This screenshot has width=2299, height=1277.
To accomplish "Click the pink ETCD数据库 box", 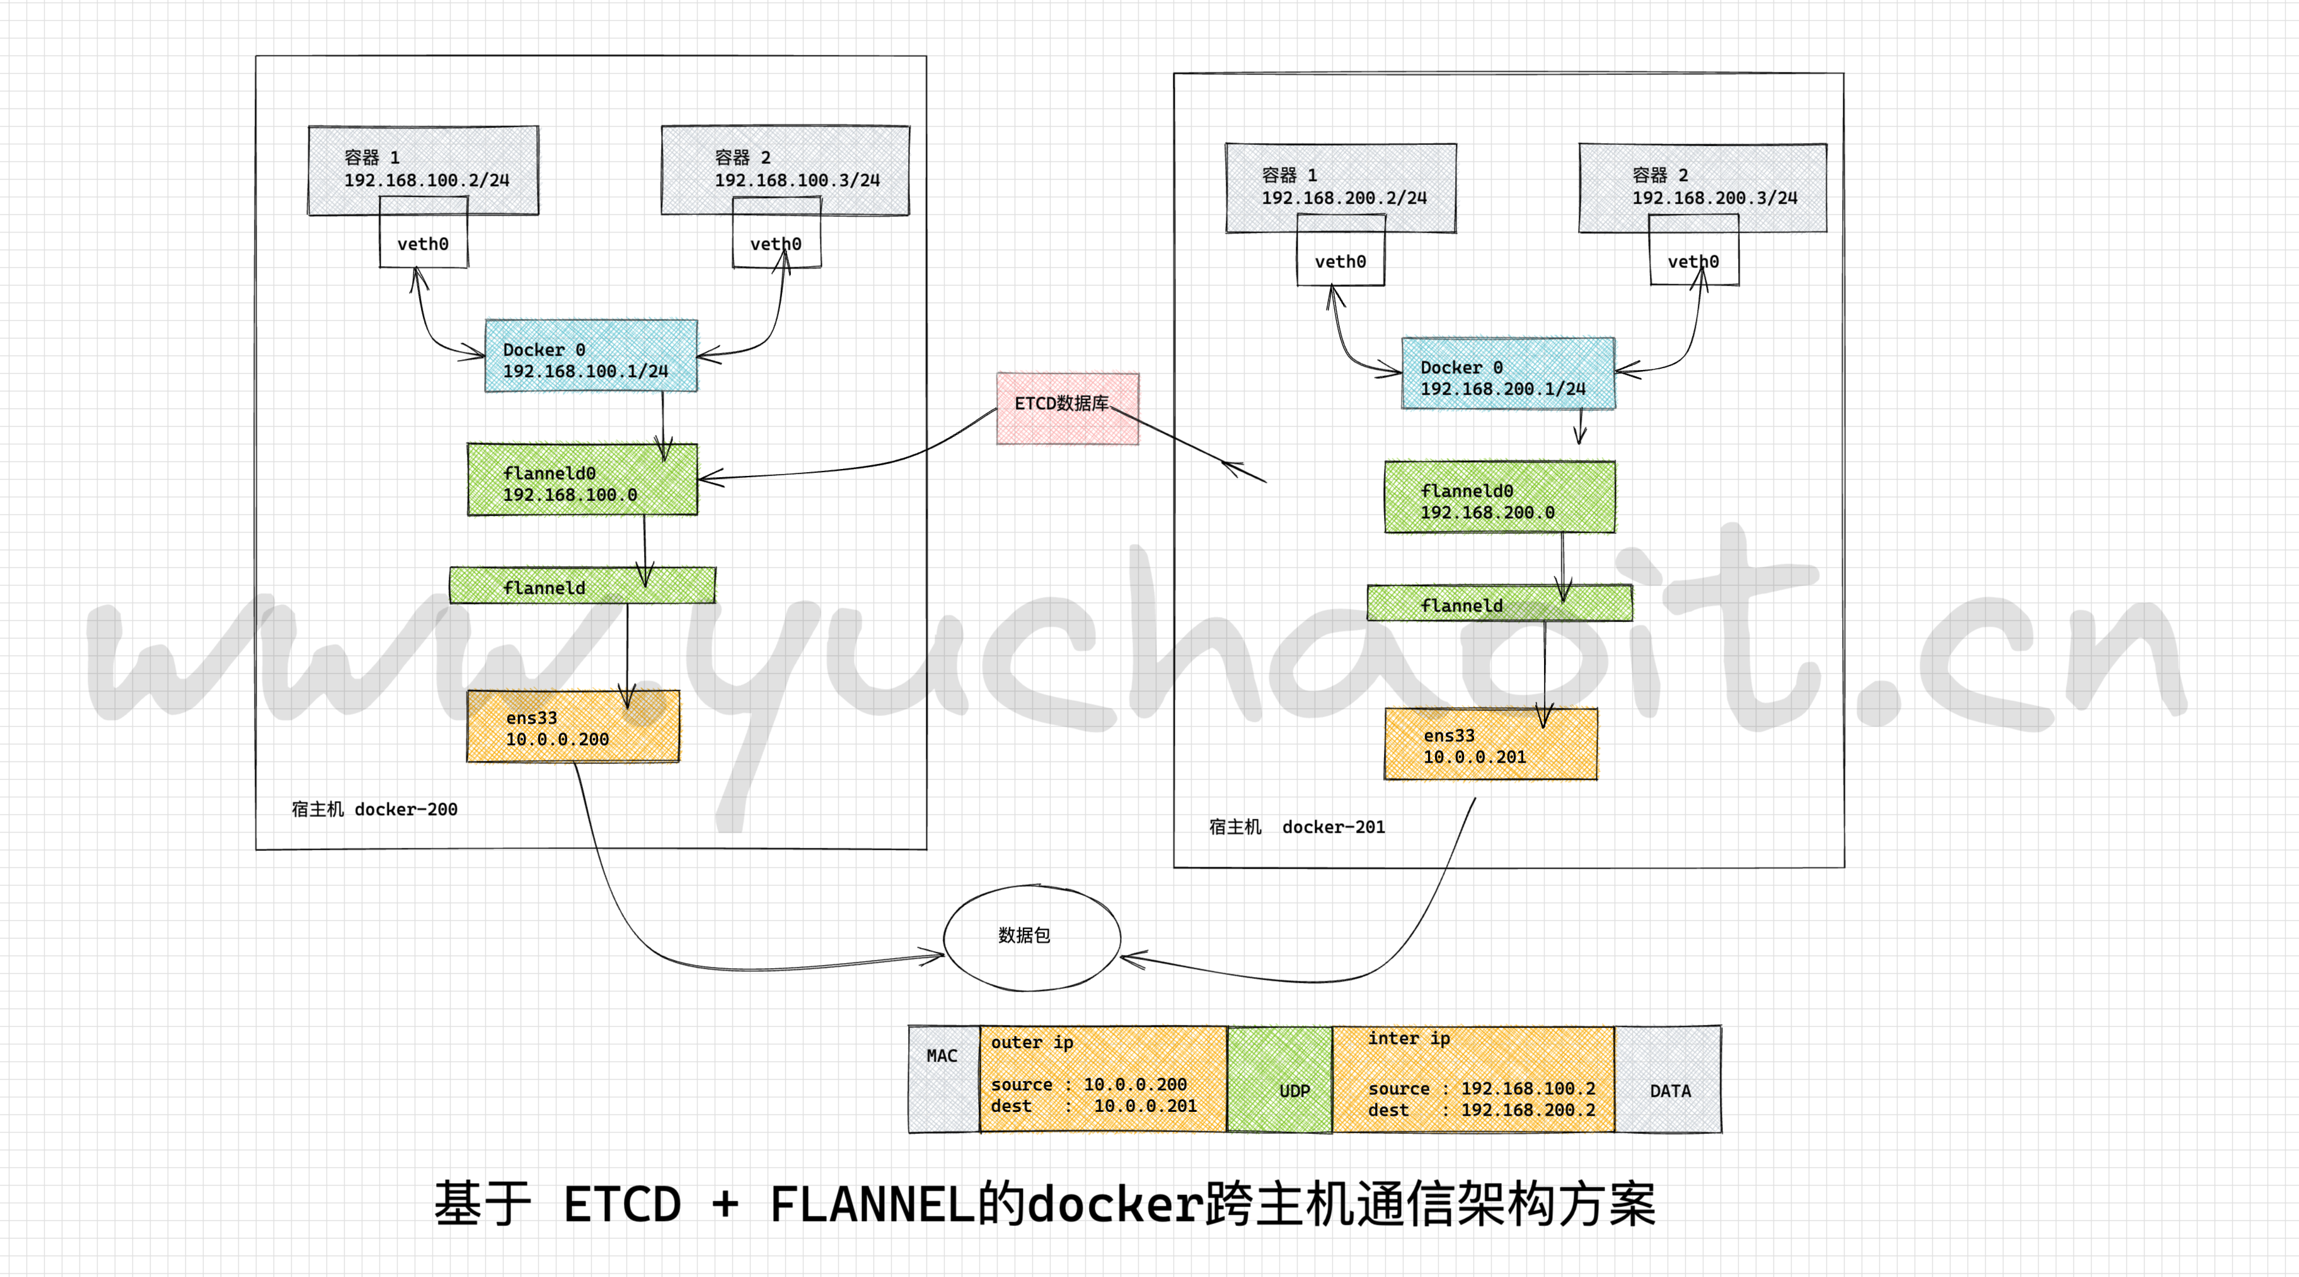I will [1068, 408].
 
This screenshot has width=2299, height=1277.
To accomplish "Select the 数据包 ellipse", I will [1031, 937].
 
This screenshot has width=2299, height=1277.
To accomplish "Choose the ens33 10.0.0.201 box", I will [1490, 745].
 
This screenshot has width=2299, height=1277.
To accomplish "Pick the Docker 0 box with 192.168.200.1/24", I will [1508, 374].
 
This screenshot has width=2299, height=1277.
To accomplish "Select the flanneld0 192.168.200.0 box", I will [1499, 498].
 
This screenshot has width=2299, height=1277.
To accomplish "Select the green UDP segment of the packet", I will [1280, 1080].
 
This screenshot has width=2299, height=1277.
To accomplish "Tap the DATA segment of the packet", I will [1669, 1080].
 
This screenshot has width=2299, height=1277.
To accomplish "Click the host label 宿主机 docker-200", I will [375, 809].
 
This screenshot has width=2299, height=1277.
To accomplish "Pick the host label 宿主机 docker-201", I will [1297, 827].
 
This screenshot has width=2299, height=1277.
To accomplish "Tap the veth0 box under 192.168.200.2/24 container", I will [1340, 262].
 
